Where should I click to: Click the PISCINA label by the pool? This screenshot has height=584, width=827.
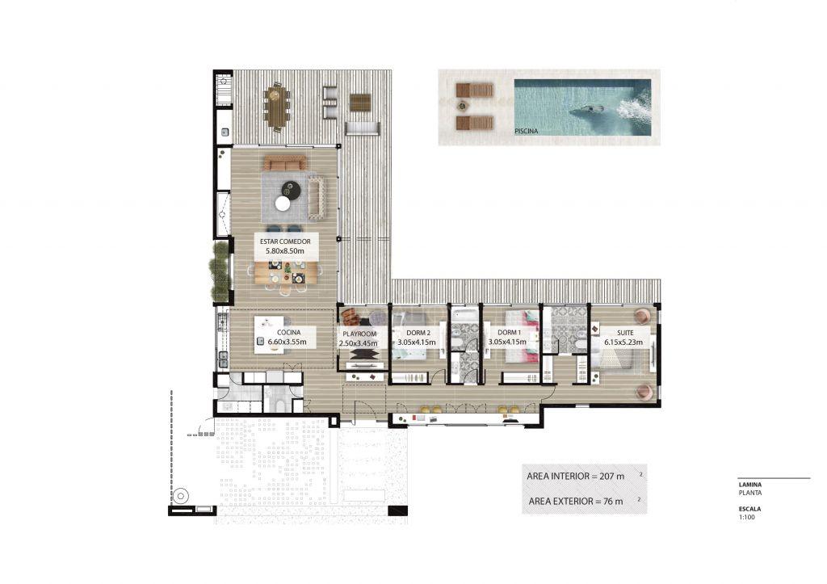(526, 131)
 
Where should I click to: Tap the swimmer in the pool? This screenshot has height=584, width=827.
(586, 111)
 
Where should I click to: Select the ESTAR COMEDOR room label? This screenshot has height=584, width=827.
(285, 242)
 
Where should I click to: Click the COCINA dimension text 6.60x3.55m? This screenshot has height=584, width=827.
(287, 342)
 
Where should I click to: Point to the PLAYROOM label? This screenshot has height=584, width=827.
(359, 334)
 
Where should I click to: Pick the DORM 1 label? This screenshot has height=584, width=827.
(509, 333)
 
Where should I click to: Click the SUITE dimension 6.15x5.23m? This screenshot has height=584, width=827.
(623, 342)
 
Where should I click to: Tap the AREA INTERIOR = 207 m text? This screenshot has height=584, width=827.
(575, 477)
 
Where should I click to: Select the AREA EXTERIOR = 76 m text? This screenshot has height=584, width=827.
(575, 501)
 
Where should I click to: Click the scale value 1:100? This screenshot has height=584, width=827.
(747, 518)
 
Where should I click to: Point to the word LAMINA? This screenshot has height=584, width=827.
(750, 485)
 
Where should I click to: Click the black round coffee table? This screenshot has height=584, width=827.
(290, 189)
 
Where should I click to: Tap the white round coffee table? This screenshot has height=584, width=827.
(283, 204)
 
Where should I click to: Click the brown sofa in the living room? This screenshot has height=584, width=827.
(284, 163)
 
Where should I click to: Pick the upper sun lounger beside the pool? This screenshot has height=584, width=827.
(474, 90)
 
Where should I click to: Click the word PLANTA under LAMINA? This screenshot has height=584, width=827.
(750, 494)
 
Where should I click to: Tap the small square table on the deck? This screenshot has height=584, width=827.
(361, 102)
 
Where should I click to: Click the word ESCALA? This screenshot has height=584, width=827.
(749, 509)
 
